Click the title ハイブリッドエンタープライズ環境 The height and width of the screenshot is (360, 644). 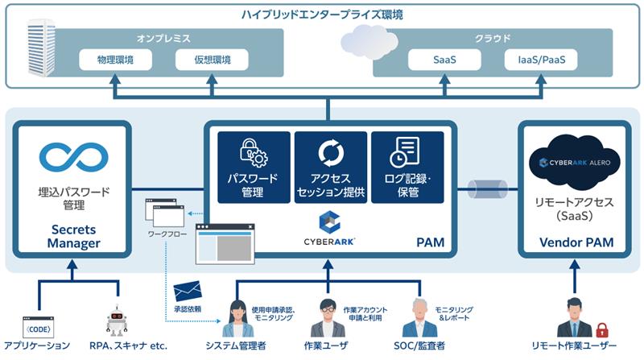(322, 14)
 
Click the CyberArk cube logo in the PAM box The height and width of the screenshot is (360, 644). (329, 221)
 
